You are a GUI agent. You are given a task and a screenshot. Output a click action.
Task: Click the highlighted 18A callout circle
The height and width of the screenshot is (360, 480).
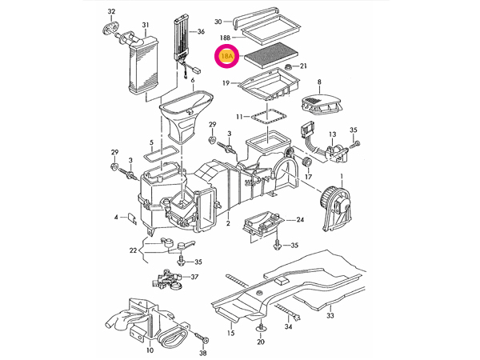pos(227,57)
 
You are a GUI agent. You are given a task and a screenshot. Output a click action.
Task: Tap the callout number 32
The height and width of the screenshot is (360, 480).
pos(112,11)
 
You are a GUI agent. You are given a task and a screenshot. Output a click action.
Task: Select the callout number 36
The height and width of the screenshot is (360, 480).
pos(201,31)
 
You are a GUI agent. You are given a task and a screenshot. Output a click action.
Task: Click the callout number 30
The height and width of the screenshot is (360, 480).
pos(217,21)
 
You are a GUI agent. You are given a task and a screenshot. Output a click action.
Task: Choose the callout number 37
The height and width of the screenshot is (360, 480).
pos(194,278)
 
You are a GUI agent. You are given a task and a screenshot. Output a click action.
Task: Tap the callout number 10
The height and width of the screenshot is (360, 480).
pos(149,350)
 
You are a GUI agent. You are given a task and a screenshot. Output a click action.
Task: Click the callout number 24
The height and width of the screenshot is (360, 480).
pos(300,220)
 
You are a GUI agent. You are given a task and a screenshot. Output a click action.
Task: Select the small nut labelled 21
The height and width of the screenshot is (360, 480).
pos(286,66)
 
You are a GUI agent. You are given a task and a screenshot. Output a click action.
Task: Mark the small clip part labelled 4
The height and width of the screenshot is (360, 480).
pos(127,218)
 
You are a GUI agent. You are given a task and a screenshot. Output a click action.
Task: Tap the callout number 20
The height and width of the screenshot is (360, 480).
pos(260,342)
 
